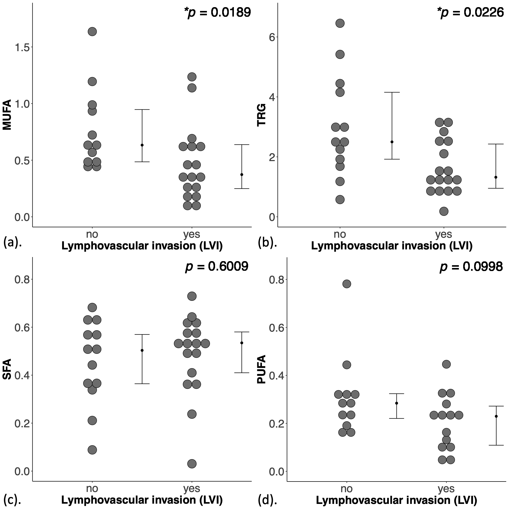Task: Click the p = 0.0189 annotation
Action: pos(217,12)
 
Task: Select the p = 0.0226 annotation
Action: pos(470,12)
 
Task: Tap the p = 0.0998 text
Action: pos(471,267)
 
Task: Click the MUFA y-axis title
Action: pos(7,115)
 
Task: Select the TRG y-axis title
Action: pos(262,115)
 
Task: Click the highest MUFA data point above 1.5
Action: pos(92,32)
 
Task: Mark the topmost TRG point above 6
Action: pos(340,23)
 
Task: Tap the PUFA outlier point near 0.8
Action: pos(346,284)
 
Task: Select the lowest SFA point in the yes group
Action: pos(192,463)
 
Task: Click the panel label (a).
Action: pos(12,243)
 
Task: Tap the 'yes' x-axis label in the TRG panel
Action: pos(444,234)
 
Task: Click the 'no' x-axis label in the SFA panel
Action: pos(92,488)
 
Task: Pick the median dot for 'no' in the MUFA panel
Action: pos(142,145)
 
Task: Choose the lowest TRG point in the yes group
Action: pos(444,211)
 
